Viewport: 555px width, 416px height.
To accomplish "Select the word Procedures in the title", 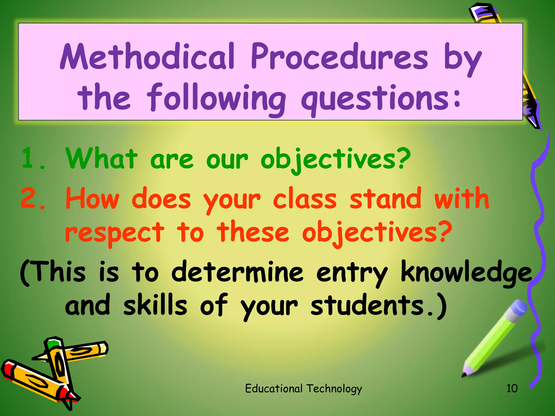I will point(339,56).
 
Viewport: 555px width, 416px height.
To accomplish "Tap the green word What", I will point(101,158).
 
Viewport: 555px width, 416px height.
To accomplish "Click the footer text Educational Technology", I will point(304,389).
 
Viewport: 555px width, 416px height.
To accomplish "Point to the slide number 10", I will point(512,388).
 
